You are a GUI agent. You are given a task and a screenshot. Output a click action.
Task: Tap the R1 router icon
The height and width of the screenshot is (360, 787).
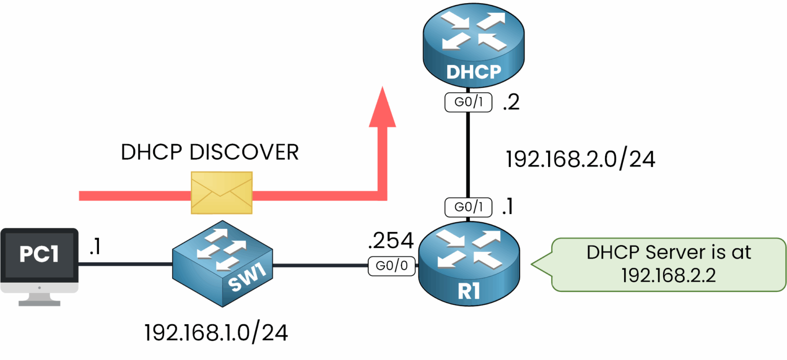468,266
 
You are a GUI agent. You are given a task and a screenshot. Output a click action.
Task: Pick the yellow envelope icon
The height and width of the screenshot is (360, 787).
221,193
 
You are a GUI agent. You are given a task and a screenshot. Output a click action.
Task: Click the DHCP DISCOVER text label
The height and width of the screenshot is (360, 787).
210,153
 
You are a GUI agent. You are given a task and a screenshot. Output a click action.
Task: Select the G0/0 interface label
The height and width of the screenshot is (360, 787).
391,266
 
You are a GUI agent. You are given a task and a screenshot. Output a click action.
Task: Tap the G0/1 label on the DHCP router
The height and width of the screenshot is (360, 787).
468,103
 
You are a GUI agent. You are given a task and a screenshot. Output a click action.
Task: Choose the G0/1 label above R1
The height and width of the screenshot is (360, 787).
468,207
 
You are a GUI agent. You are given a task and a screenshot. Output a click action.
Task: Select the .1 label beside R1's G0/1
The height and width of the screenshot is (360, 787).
508,206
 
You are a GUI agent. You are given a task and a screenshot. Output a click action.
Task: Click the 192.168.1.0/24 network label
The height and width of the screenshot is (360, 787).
216,333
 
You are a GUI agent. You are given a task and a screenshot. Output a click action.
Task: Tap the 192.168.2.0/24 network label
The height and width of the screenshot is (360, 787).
581,159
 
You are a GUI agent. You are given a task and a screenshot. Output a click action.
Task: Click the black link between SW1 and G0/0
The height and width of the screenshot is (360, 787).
320,266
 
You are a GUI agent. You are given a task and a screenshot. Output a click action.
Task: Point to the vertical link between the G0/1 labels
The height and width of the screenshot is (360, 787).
468,154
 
